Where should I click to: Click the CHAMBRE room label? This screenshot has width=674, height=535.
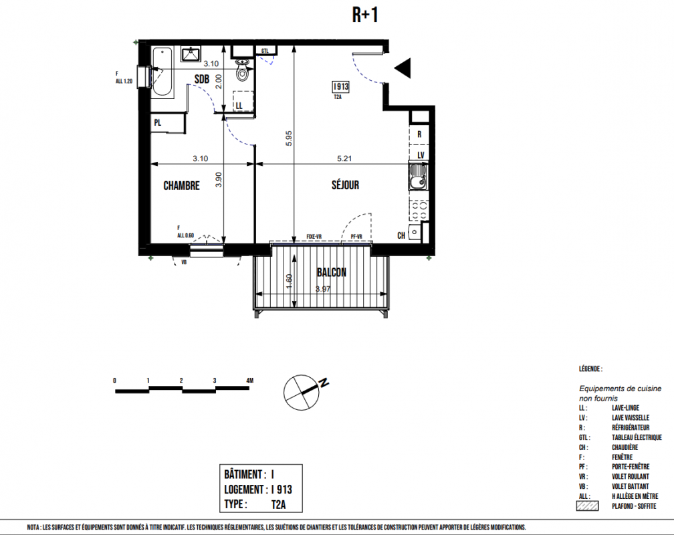click(x=181, y=186)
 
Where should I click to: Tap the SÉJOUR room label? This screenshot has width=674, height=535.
click(x=345, y=185)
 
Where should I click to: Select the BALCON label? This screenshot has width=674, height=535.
click(x=332, y=272)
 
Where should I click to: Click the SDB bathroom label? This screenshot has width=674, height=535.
click(x=202, y=79)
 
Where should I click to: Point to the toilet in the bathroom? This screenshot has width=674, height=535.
click(x=243, y=70)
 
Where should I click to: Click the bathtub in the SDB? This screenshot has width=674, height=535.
click(x=162, y=72)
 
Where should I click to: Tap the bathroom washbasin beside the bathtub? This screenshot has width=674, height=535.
click(x=190, y=54)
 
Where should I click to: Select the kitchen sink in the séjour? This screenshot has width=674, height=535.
click(x=417, y=177)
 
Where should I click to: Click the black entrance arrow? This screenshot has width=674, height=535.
click(x=403, y=68)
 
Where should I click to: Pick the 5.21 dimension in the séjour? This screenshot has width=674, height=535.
click(x=344, y=158)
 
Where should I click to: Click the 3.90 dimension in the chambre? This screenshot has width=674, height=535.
click(x=219, y=179)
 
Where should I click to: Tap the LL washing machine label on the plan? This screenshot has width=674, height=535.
click(x=239, y=106)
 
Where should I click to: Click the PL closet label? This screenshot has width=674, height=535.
click(x=158, y=123)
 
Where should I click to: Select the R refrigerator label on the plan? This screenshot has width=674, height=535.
click(x=419, y=134)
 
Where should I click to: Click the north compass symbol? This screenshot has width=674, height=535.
click(x=302, y=392)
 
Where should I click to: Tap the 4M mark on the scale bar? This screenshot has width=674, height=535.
click(x=250, y=381)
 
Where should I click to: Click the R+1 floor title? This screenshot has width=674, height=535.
click(x=365, y=15)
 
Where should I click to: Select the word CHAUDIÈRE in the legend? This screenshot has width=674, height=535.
click(x=625, y=447)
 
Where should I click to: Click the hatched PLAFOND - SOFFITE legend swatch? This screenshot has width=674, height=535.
click(x=587, y=506)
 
